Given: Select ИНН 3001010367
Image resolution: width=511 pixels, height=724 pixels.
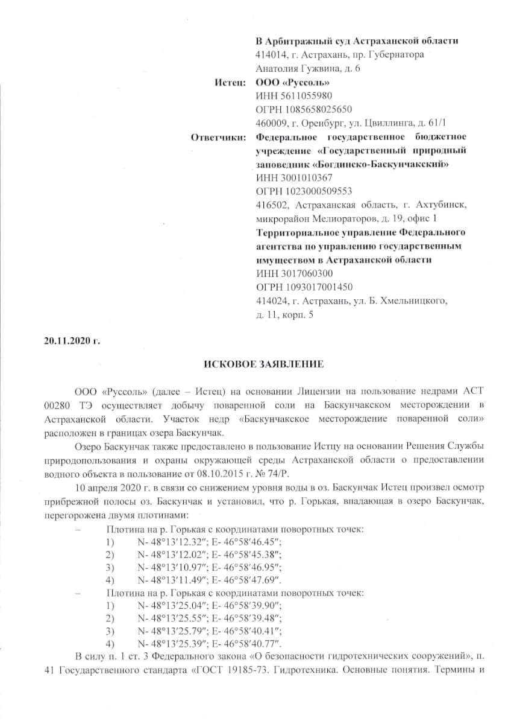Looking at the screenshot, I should click(294, 178).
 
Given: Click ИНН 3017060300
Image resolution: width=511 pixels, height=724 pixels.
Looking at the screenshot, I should click(294, 273).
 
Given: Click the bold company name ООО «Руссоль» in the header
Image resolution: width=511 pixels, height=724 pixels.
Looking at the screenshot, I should click(293, 81).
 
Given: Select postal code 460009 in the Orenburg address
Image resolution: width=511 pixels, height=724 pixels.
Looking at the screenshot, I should click(271, 123).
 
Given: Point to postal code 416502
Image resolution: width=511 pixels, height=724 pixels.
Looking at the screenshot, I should click(271, 206).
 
